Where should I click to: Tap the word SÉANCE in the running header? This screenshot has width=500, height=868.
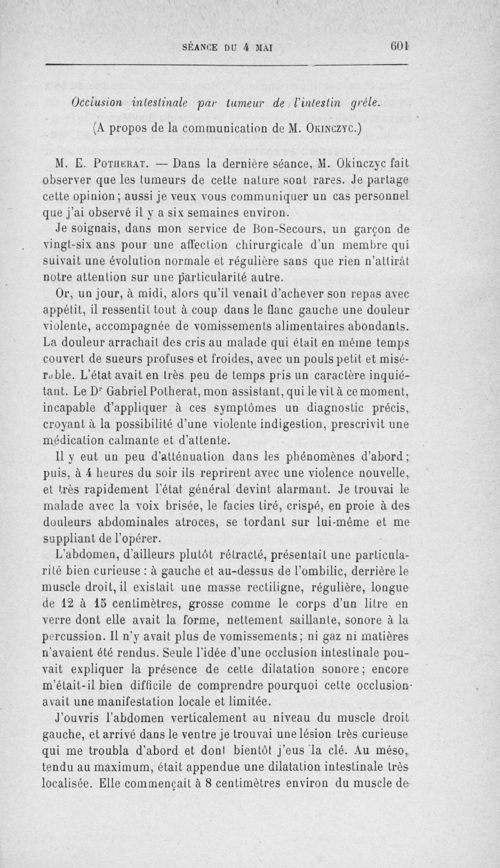tap(201, 47)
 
